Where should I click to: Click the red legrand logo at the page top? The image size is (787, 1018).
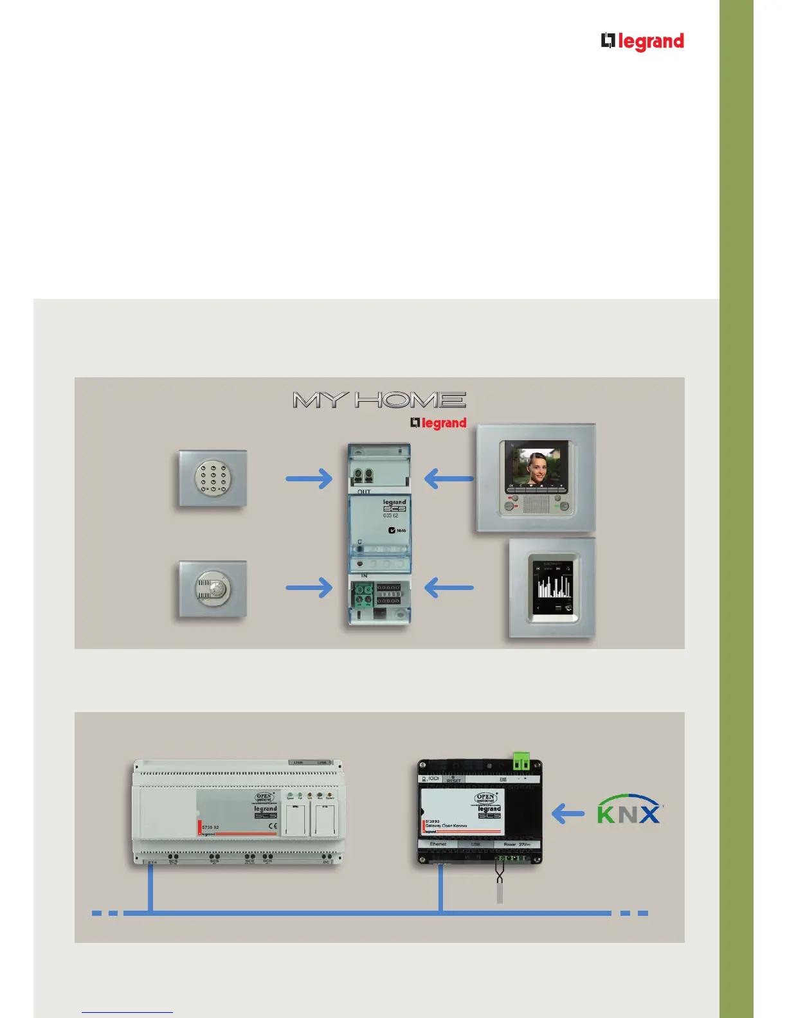tap(642, 42)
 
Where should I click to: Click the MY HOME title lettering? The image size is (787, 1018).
tap(379, 400)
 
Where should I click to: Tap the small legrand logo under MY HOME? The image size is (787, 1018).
tap(439, 423)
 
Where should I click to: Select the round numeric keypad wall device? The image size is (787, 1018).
tap(212, 478)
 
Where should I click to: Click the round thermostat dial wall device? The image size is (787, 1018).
tap(212, 589)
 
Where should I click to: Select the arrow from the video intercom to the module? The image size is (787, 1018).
tap(449, 479)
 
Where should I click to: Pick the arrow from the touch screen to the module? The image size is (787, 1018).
tap(449, 587)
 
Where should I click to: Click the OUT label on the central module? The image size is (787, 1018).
tap(364, 492)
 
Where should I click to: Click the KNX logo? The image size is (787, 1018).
tap(629, 810)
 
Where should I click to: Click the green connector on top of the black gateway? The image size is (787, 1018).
tap(521, 762)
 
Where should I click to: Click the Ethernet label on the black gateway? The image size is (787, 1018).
tap(438, 844)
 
